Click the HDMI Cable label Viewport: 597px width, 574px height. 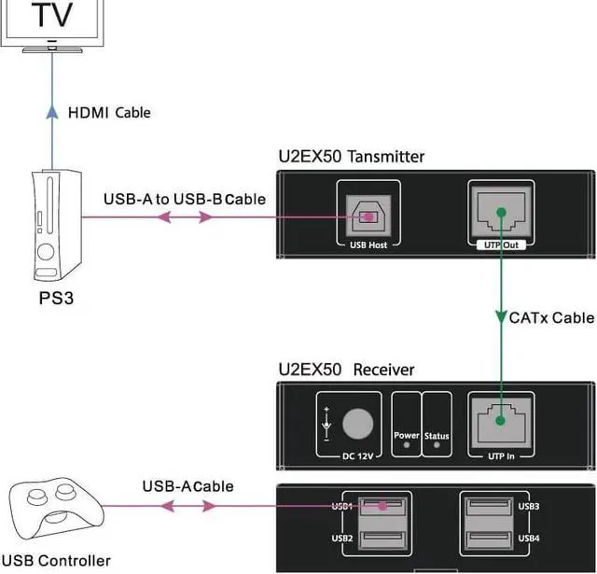109,113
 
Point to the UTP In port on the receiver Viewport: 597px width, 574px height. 501,417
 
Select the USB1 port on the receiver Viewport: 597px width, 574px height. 384,507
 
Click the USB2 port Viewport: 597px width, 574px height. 384,539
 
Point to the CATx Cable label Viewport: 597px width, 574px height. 550,317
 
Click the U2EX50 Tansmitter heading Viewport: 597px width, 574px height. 351,156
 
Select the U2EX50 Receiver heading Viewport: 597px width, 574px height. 346,370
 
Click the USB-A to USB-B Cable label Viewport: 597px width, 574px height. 185,199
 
